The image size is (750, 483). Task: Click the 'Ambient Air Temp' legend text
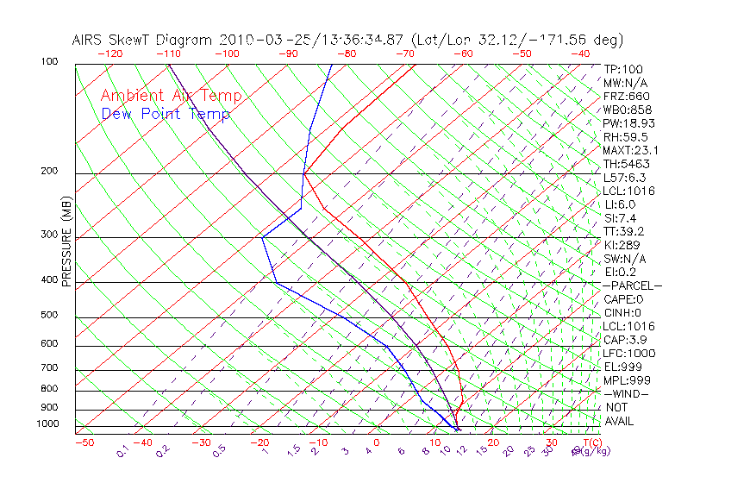pyautogui.click(x=171, y=97)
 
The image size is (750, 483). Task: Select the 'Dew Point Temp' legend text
pyautogui.click(x=166, y=115)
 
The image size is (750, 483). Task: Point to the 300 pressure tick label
pyautogui.click(x=49, y=235)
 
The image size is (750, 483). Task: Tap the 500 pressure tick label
pyautogui.click(x=49, y=315)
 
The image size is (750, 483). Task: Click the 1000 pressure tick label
pyautogui.click(x=47, y=424)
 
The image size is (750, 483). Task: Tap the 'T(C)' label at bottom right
pyautogui.click(x=591, y=442)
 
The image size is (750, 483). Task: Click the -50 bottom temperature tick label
pyautogui.click(x=84, y=442)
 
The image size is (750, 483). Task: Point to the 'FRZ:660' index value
pyautogui.click(x=627, y=97)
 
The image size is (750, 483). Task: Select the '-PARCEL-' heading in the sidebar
pyautogui.click(x=632, y=285)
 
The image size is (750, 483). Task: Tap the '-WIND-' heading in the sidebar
pyautogui.click(x=627, y=393)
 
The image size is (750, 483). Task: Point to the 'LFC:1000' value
pyautogui.click(x=629, y=354)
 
